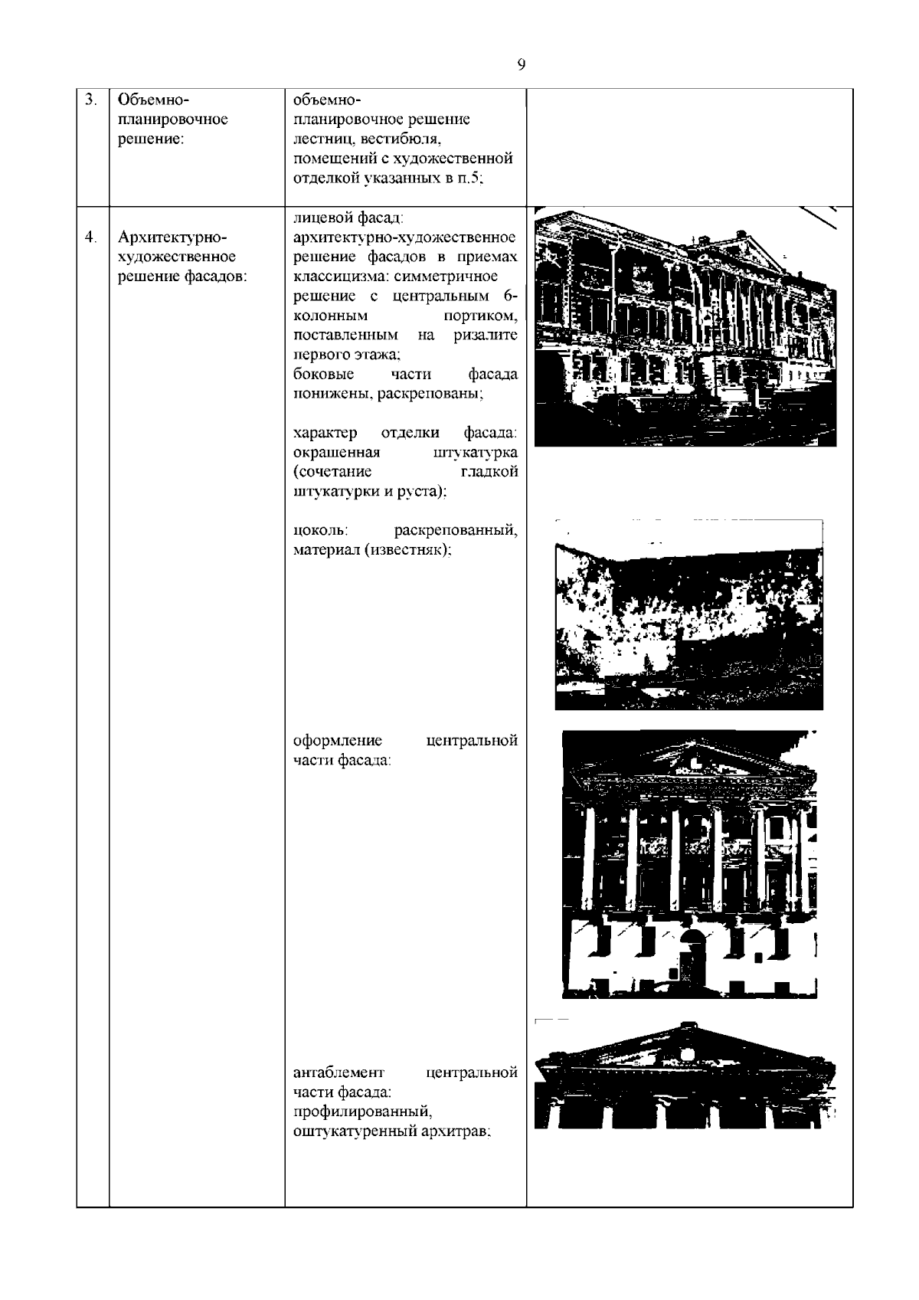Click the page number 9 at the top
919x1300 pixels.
point(522,65)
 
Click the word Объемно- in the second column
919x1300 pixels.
point(153,100)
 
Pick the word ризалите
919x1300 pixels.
point(485,336)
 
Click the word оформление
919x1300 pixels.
point(338,741)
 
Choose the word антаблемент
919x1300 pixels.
point(339,1072)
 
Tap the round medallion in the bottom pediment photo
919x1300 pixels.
point(687,1054)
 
